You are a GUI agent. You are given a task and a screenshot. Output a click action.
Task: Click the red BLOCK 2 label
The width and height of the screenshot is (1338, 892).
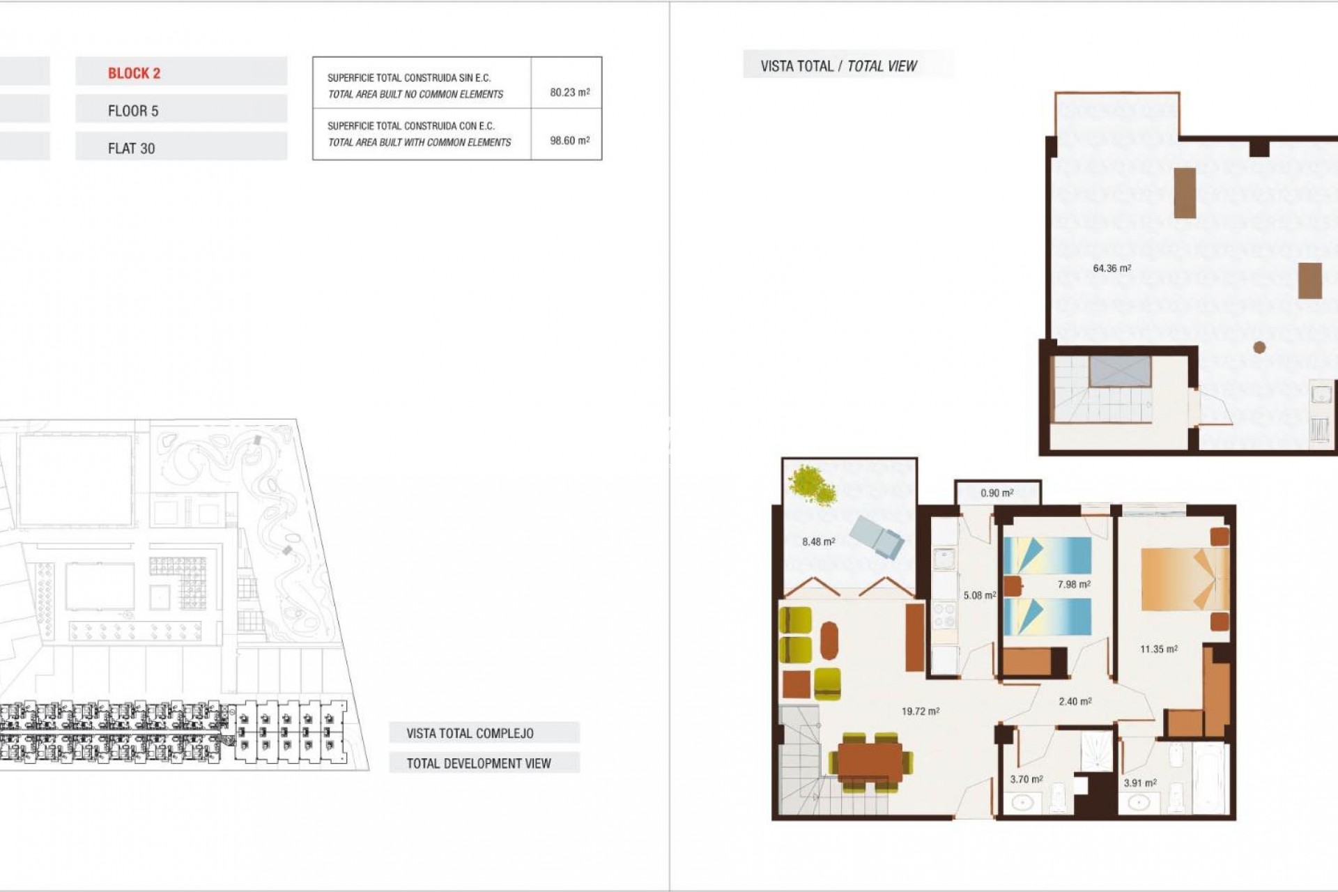click(x=134, y=73)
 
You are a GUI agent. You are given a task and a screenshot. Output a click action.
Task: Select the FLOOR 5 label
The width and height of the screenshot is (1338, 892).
click(x=133, y=111)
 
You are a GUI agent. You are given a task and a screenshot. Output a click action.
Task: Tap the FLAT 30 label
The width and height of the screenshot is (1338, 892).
click(x=131, y=148)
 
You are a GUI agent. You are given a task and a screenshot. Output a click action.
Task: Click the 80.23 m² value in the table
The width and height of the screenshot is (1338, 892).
click(x=569, y=92)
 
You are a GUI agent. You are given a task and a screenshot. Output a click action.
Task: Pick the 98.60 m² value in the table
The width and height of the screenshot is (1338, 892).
click(x=569, y=140)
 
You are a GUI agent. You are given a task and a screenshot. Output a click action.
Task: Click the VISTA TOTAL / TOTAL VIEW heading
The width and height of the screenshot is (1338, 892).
click(x=838, y=66)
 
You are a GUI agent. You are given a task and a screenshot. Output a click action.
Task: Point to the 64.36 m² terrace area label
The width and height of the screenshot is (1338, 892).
click(x=1112, y=268)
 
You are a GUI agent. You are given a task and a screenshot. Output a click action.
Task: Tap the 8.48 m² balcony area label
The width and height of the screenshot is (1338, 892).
click(x=818, y=541)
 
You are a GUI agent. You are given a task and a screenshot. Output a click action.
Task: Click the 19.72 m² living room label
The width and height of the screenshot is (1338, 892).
click(x=920, y=712)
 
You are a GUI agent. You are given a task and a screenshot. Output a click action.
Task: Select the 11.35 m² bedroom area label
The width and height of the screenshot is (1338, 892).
click(x=1158, y=649)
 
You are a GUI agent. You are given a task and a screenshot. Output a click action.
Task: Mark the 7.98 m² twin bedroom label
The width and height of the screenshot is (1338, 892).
click(x=1073, y=585)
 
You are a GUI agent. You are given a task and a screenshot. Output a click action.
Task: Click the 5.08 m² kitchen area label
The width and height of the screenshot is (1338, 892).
click(x=979, y=595)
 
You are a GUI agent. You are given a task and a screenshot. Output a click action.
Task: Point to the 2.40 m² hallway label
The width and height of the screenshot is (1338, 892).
click(x=1075, y=701)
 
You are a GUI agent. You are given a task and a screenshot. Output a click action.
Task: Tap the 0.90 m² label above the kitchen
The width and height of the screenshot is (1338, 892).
click(x=997, y=493)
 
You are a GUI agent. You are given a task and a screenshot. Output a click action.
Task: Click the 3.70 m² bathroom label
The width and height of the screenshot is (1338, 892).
click(x=1026, y=779)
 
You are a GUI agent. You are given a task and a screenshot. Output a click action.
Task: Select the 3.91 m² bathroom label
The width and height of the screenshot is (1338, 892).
click(x=1139, y=783)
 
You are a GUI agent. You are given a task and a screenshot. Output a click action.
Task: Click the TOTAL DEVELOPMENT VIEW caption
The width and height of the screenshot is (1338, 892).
click(x=479, y=763)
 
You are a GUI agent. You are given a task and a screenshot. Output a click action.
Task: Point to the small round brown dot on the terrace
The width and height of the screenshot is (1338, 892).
click(x=1259, y=347)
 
